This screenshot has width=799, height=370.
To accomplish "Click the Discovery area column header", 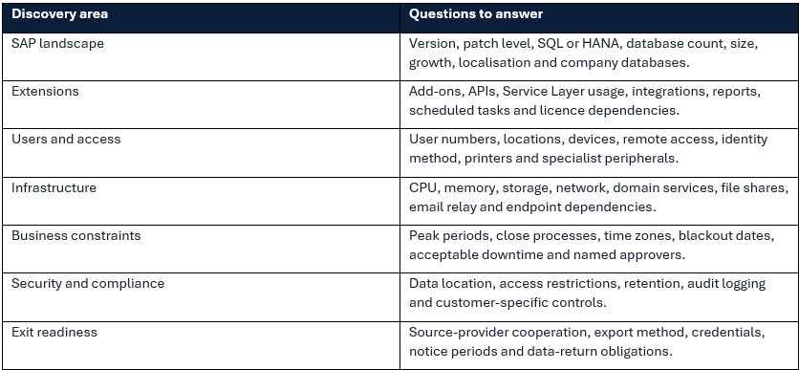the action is pos(59,13).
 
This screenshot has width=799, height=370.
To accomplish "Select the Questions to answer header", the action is pos(476,13).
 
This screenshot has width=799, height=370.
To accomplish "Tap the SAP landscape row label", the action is pos(57,43).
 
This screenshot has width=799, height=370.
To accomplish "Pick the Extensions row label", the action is pos(45,91).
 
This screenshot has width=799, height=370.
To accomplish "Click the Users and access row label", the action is pos(66,140).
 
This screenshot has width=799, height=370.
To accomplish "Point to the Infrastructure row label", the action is pos(54,187).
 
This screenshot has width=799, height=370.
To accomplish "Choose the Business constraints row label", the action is pos(76,235).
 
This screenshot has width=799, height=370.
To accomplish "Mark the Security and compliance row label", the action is pos(88,283).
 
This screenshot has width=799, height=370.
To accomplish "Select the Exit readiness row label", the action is pos(54,333).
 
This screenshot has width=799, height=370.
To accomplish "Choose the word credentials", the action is pos(728,333).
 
